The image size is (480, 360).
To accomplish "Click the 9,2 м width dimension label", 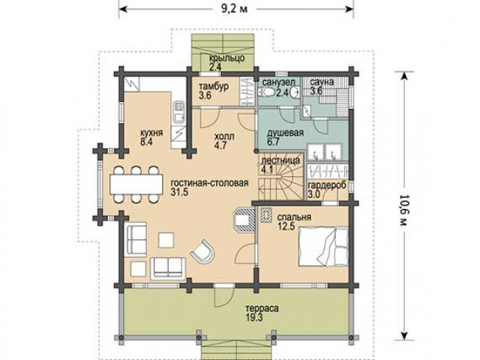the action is pyautogui.click(x=235, y=8).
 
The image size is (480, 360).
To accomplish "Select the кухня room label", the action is pyautogui.click(x=151, y=133).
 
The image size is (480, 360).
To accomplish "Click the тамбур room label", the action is pyautogui.click(x=214, y=87).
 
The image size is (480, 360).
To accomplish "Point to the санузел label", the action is pyautogui.click(x=279, y=82).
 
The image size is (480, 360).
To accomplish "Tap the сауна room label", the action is pyautogui.click(x=322, y=82).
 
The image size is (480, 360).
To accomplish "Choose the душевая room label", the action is pyautogui.click(x=285, y=133).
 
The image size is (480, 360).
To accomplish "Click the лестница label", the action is pyautogui.click(x=279, y=161).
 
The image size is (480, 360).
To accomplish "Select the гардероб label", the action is pyautogui.click(x=327, y=186).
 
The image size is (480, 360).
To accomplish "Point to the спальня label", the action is pyautogui.click(x=294, y=217).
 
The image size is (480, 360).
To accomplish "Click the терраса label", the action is pyautogui.click(x=262, y=308).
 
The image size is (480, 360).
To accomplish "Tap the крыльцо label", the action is pyautogui.click(x=226, y=58).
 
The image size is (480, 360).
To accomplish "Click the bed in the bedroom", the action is pyautogui.click(x=323, y=247).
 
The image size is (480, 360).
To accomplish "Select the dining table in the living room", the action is pyautogui.click(x=136, y=184).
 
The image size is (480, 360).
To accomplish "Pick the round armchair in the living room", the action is pyautogui.click(x=202, y=252).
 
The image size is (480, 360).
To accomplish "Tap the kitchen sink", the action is pyautogui.click(x=178, y=112).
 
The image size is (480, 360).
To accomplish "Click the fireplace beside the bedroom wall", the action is pyautogui.click(x=244, y=220).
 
